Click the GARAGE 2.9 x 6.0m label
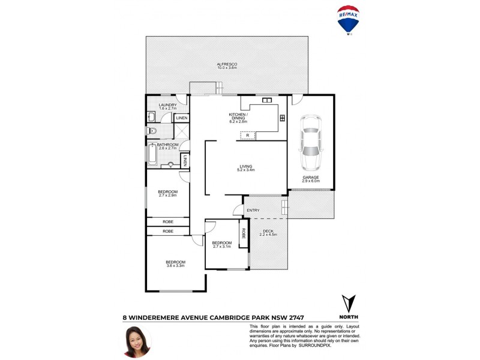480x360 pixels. click(310, 179)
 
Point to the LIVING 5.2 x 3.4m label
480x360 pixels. click(245, 168)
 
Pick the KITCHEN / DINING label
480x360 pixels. click(238, 118)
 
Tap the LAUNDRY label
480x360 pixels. click(167, 107)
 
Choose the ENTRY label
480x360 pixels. click(253, 210)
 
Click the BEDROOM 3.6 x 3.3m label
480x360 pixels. click(175, 263)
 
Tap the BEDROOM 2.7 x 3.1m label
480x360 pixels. click(221, 244)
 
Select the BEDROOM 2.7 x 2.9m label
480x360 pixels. click(167, 193)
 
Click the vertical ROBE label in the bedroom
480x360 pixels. click(244, 233)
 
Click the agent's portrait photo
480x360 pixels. click(137, 341)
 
